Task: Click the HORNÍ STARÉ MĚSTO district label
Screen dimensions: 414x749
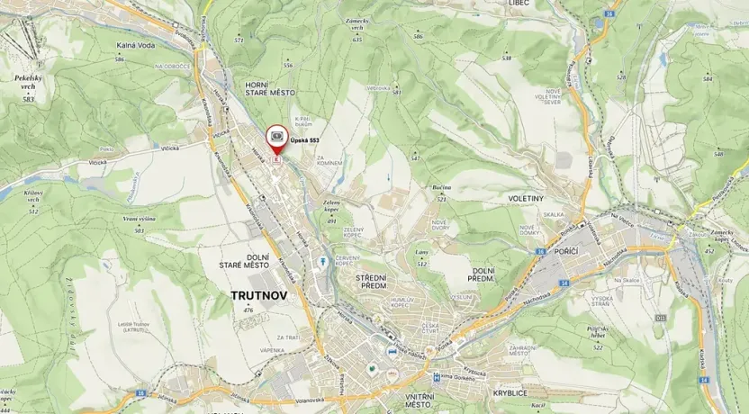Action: pyautogui.click(x=268, y=88)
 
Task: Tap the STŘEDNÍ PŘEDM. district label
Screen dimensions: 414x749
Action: pyautogui.click(x=371, y=282)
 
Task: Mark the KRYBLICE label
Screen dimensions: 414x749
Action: pyautogui.click(x=510, y=394)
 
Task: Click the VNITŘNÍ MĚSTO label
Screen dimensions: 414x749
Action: pyautogui.click(x=420, y=401)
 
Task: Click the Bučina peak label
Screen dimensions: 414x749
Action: pyautogui.click(x=440, y=187)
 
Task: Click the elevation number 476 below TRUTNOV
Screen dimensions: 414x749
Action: pyautogui.click(x=248, y=310)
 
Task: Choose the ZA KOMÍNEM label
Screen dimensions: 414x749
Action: pyautogui.click(x=331, y=158)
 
